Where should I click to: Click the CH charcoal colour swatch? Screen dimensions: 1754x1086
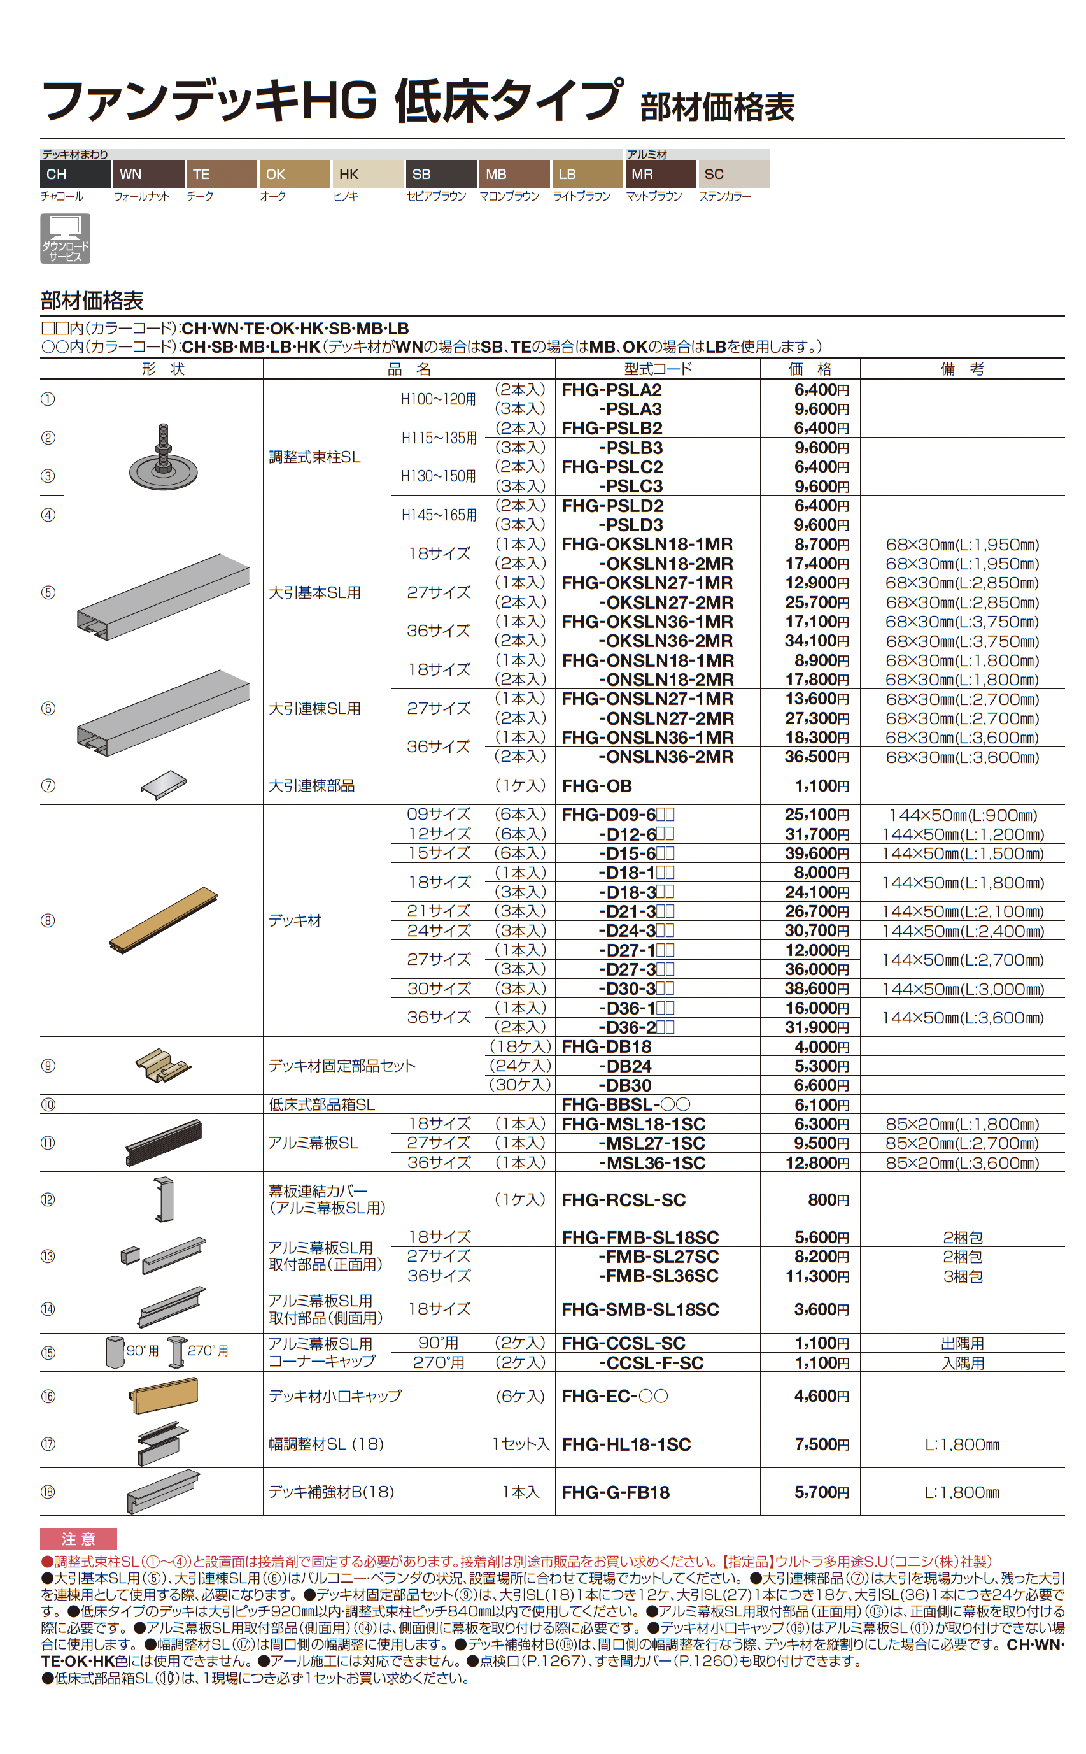(x=75, y=174)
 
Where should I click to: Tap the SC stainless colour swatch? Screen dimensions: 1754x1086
(x=733, y=174)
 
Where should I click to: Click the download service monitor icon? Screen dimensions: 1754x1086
(x=66, y=238)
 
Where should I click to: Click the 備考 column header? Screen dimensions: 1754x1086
(x=962, y=369)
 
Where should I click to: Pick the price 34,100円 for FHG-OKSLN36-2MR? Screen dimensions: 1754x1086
(x=817, y=640)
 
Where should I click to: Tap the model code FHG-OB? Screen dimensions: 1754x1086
(x=596, y=785)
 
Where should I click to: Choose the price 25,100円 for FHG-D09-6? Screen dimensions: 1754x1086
(x=817, y=814)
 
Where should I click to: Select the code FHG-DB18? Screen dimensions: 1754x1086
(x=606, y=1046)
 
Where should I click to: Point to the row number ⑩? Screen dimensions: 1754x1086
(x=48, y=1104)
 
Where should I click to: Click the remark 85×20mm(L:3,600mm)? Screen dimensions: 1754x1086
(x=962, y=1162)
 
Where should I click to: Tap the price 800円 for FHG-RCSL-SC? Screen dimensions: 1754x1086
(x=828, y=1199)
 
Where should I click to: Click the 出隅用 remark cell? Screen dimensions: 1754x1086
(x=962, y=1343)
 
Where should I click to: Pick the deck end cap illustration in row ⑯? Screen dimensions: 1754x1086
(x=164, y=1395)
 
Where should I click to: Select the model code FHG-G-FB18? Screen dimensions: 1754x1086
(x=615, y=1492)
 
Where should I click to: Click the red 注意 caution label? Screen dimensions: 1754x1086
(x=78, y=1539)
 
